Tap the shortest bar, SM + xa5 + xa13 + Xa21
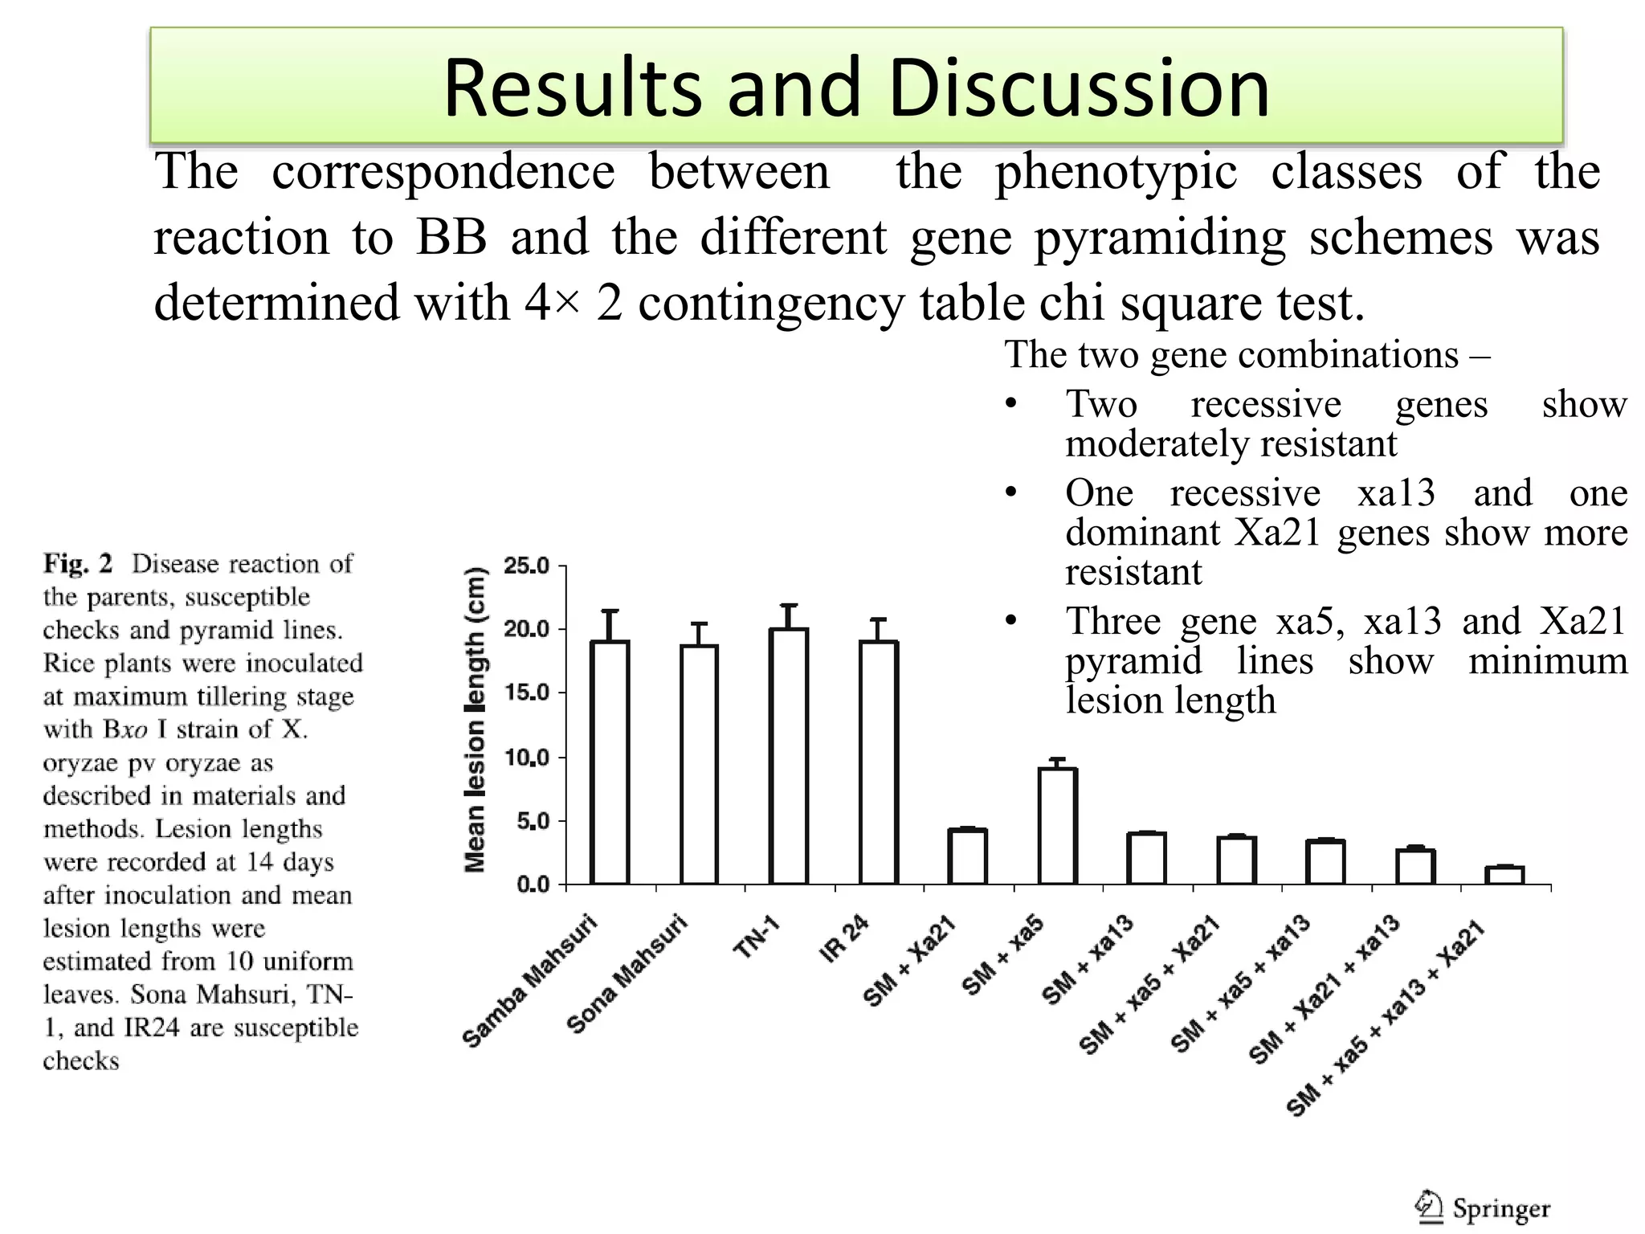pos(1504,875)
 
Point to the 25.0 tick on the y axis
pos(526,566)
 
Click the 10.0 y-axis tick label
pos(526,758)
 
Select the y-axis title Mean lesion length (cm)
pos(476,720)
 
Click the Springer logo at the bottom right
pos(1484,1207)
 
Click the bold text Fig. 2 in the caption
pos(78,563)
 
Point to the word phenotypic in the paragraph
pos(1116,172)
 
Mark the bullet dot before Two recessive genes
pos(1011,403)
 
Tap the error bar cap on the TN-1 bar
pos(789,605)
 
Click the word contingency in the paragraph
pos(770,304)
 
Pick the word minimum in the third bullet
pos(1547,661)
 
